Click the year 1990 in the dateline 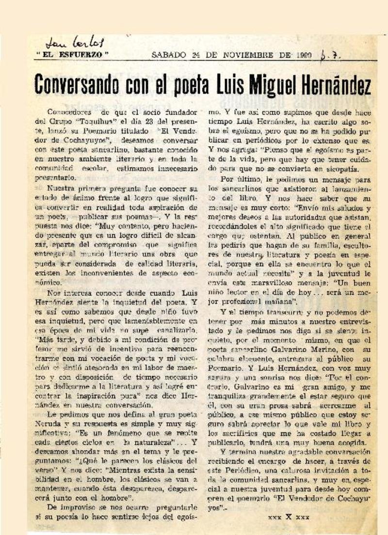point(303,54)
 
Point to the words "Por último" point(236,178)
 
